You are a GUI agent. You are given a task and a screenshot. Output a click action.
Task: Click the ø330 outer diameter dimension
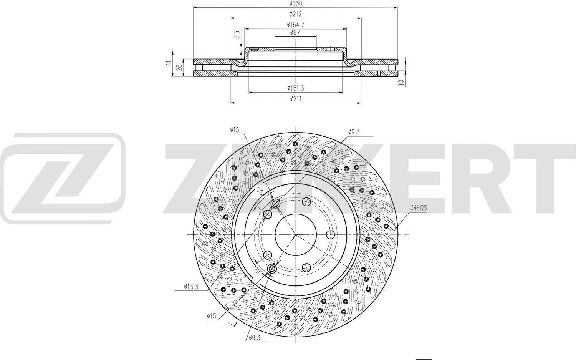pos(295,4)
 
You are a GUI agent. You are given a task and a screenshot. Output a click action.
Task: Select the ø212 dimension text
pos(295,14)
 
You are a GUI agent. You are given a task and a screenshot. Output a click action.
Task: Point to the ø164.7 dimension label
pos(295,24)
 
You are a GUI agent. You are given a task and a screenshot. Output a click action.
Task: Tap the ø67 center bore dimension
pos(295,33)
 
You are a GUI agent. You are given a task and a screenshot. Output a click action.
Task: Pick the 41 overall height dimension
pos(168,63)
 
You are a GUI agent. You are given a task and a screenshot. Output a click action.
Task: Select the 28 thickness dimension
pos(179,68)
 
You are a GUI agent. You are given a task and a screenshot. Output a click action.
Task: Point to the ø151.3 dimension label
pos(295,88)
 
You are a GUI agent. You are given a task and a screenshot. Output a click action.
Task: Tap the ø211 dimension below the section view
pos(295,98)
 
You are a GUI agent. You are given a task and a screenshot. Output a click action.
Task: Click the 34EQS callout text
pos(418,208)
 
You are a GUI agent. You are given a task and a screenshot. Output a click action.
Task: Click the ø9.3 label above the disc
pos(354,132)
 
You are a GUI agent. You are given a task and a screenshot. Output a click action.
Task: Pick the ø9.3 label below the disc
pos(255,338)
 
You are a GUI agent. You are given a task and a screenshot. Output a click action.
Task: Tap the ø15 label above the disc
pos(235,130)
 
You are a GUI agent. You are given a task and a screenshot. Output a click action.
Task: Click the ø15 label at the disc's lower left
pos(212,316)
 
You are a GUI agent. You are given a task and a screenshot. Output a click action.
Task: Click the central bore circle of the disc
pos(295,234)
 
